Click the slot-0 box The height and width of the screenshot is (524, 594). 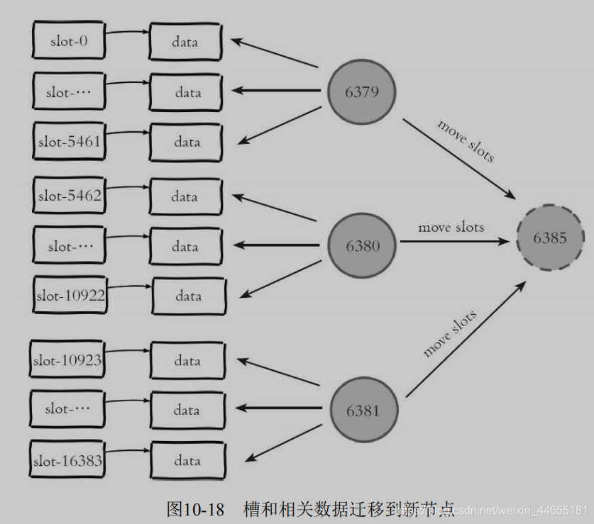pyautogui.click(x=69, y=40)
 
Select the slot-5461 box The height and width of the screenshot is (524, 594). pyautogui.click(x=69, y=141)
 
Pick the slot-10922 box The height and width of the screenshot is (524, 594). pyautogui.click(x=70, y=296)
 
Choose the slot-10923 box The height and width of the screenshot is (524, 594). pyautogui.click(x=67, y=361)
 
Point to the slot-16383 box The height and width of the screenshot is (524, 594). pyautogui.click(x=67, y=461)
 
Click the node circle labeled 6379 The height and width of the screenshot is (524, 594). pyautogui.click(x=361, y=92)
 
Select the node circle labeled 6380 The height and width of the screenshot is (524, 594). pyautogui.click(x=363, y=245)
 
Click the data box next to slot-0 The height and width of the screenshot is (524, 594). pyautogui.click(x=185, y=42)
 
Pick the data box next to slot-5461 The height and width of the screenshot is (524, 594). pyautogui.click(x=187, y=142)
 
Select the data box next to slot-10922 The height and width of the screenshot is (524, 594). pyautogui.click(x=189, y=296)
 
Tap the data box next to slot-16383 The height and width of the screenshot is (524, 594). pyautogui.click(x=187, y=461)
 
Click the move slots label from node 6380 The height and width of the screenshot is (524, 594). pyautogui.click(x=451, y=228)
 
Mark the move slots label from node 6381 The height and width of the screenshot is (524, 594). pyautogui.click(x=450, y=333)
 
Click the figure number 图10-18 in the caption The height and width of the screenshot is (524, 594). pyautogui.click(x=195, y=509)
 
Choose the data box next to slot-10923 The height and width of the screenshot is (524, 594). pyautogui.click(x=187, y=361)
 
